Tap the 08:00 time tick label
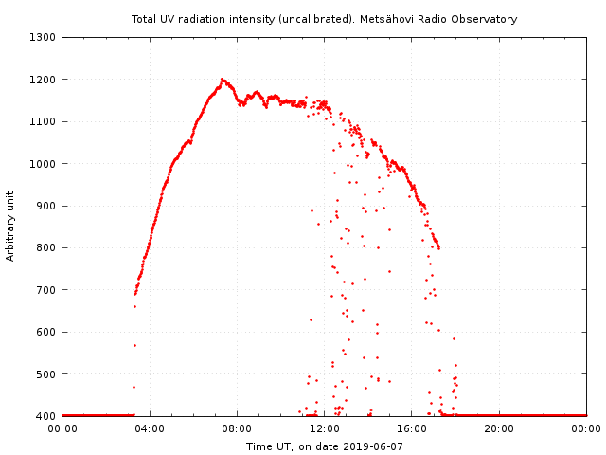(x=237, y=428)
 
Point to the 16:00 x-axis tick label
(x=412, y=428)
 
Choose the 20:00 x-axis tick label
(x=499, y=428)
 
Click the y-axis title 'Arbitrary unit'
(x=11, y=227)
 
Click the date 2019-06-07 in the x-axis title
(x=374, y=446)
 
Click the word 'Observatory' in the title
(x=486, y=19)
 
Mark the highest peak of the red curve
(x=223, y=80)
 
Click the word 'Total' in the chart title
(x=145, y=19)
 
